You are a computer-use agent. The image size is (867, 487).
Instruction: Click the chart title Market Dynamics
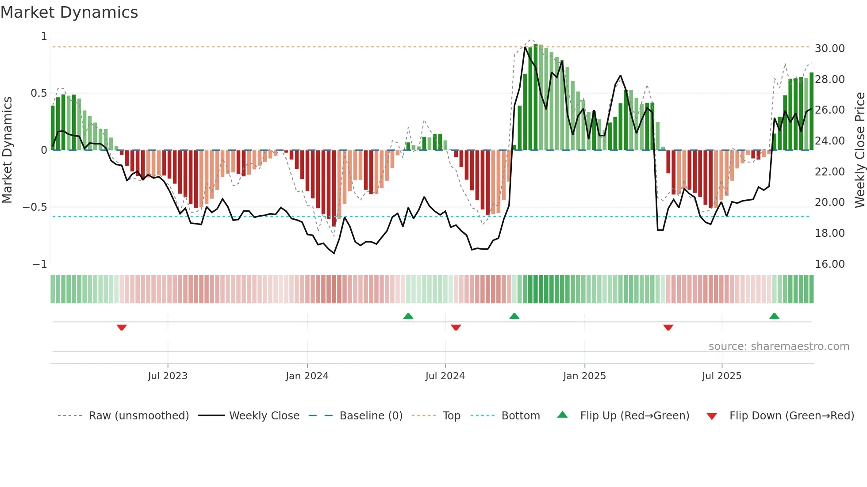[69, 12]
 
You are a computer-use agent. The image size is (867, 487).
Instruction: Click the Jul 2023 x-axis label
[168, 376]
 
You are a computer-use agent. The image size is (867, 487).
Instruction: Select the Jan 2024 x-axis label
[307, 376]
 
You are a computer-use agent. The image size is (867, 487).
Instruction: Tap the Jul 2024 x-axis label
[445, 376]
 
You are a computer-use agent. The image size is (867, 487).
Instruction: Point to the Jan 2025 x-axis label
[584, 376]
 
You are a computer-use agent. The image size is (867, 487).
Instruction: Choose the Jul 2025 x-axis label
[721, 376]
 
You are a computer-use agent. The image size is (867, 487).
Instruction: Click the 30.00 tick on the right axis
[829, 49]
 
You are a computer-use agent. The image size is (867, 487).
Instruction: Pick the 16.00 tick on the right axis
[829, 264]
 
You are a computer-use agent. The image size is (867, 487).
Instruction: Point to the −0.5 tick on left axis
[35, 207]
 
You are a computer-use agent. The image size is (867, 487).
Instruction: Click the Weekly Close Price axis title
[859, 150]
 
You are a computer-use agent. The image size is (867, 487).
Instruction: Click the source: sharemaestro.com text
[779, 346]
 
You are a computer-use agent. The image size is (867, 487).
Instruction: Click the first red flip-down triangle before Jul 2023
[122, 327]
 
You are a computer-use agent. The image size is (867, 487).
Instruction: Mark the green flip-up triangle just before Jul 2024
[408, 316]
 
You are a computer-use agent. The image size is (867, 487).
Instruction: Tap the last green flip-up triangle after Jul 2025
[774, 316]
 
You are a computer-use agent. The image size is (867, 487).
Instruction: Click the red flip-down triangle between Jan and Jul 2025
[668, 327]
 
